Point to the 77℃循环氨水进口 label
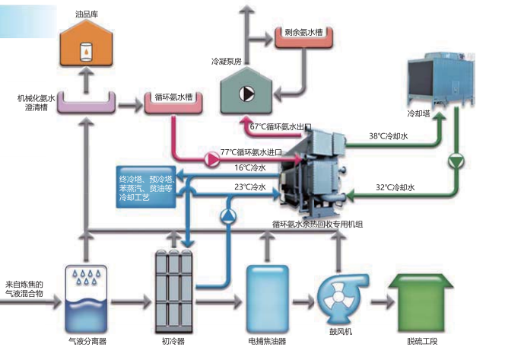click(x=251, y=152)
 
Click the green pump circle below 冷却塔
click(x=456, y=161)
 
